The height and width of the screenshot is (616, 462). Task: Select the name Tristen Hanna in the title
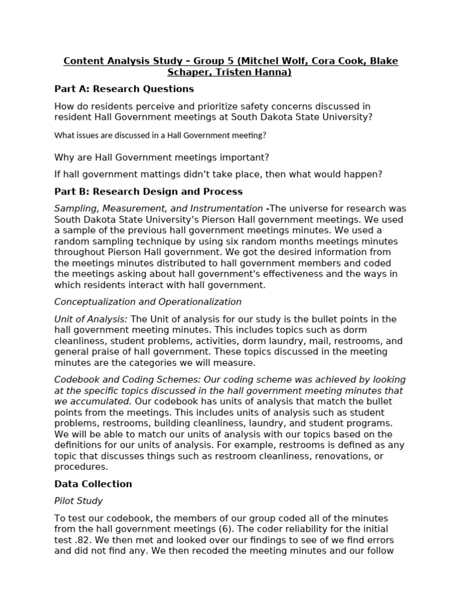pyautogui.click(x=253, y=73)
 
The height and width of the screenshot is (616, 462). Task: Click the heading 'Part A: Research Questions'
pyautogui.click(x=124, y=89)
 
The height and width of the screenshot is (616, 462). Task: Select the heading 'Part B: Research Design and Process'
pyautogui.click(x=148, y=191)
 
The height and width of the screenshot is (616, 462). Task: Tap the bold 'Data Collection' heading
pyautogui.click(x=93, y=484)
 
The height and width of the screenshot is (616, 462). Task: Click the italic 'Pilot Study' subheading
pyautogui.click(x=78, y=500)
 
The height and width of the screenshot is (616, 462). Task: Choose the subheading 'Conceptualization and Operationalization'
pyautogui.click(x=148, y=302)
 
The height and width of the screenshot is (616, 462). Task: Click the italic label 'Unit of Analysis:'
pyautogui.click(x=91, y=319)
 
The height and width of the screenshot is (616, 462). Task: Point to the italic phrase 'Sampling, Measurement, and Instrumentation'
pyautogui.click(x=158, y=208)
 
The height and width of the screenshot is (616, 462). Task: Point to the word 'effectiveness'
pyautogui.click(x=295, y=274)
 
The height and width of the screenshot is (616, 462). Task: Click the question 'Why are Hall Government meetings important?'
pyautogui.click(x=162, y=158)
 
